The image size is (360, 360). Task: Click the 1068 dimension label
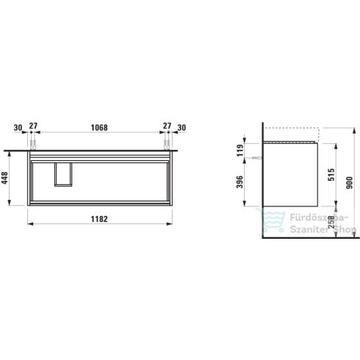point(99,128)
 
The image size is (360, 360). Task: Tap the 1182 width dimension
point(99,219)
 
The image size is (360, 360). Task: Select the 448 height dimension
point(4,178)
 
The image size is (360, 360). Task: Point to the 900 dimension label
point(350,182)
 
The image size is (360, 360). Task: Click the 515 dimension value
point(331,175)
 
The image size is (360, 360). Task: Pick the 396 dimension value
point(240,182)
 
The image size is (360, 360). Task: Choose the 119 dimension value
point(240,150)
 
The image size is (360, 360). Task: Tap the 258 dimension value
point(331,222)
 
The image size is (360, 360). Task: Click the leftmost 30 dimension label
point(18,128)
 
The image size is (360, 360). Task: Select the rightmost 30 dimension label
point(181,128)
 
